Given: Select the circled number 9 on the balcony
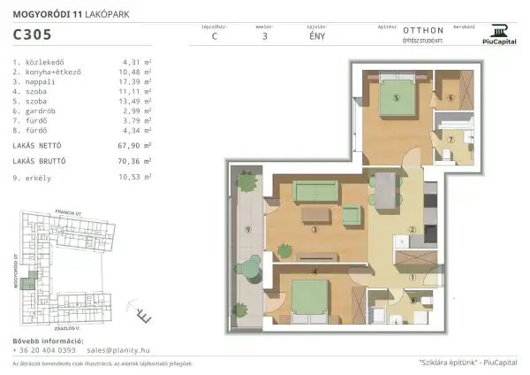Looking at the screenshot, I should coord(249,231).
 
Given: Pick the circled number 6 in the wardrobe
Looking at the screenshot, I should coord(450,98).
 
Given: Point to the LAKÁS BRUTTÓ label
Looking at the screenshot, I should coord(41,161).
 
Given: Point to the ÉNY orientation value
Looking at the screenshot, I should coord(314,37).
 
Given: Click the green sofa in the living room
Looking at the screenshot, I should coord(315,189).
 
